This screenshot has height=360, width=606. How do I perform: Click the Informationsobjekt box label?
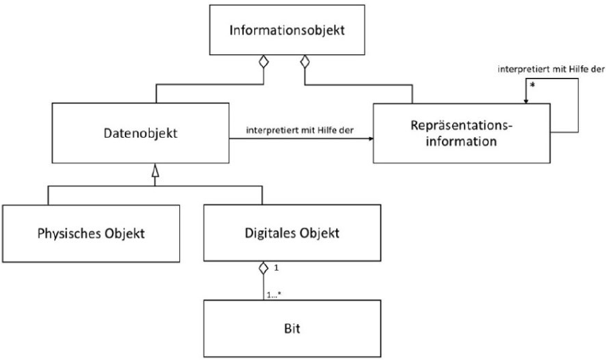(x=286, y=31)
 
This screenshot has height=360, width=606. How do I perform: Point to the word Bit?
(x=285, y=327)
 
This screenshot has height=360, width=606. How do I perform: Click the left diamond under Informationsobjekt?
(x=268, y=61)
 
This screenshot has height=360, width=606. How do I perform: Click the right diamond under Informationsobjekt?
(x=303, y=61)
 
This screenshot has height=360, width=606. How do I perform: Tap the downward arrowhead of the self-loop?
(x=526, y=100)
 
